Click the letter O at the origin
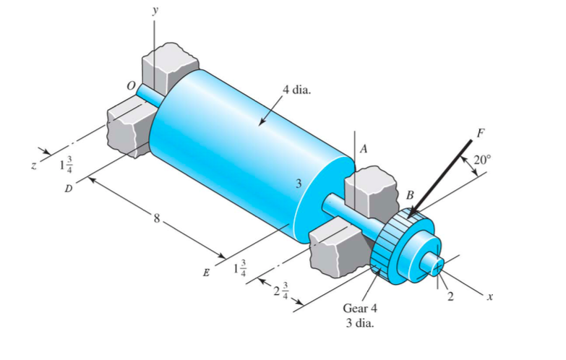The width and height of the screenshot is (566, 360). [132, 85]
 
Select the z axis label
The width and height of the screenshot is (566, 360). [33, 166]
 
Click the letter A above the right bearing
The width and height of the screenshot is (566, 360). [364, 149]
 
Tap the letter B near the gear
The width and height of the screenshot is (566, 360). [410, 195]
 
